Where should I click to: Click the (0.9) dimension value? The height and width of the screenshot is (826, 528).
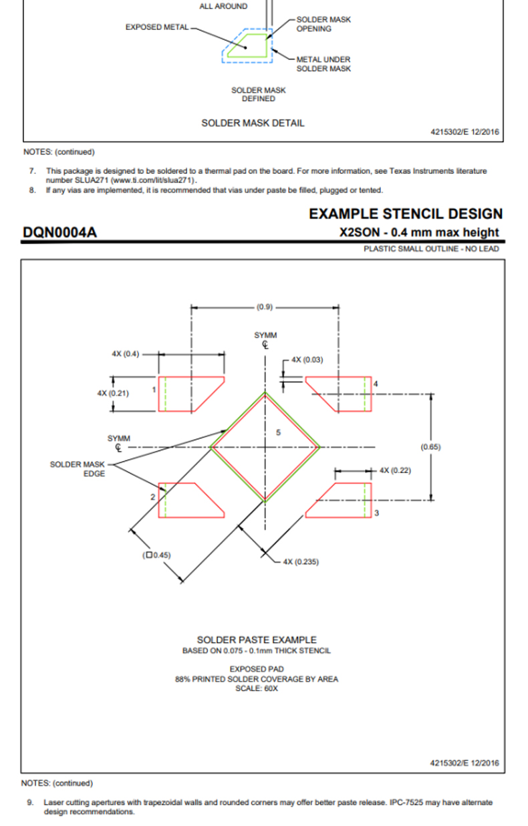click(265, 307)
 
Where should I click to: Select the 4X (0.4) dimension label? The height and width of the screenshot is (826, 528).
click(126, 354)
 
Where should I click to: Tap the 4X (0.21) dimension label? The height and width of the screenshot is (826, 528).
click(113, 393)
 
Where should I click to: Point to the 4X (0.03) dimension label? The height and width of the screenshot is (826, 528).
click(307, 360)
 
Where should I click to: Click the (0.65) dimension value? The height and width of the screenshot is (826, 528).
click(430, 447)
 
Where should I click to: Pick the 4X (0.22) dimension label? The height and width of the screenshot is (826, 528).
click(395, 470)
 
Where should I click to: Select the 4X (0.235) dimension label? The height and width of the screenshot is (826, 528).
click(301, 561)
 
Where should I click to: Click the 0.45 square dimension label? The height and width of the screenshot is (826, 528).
click(156, 555)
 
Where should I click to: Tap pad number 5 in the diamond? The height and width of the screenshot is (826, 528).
click(279, 432)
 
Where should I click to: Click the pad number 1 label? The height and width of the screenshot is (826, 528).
click(154, 390)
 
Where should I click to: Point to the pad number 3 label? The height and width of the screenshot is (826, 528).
click(376, 513)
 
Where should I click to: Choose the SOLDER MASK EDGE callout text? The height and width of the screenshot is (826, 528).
click(78, 468)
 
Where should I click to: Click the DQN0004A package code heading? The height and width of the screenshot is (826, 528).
click(59, 233)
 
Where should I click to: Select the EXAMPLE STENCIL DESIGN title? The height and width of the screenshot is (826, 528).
click(406, 214)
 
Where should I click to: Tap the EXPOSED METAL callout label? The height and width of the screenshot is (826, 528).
click(157, 27)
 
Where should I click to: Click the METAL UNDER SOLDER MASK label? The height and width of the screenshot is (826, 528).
click(323, 63)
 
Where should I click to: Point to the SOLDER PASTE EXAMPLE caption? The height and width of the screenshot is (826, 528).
click(257, 640)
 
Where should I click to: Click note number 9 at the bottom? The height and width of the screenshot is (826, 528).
click(30, 803)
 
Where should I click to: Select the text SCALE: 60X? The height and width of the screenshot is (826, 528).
click(257, 688)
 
